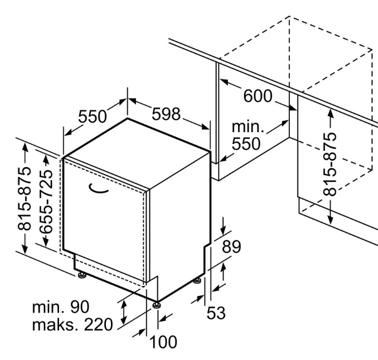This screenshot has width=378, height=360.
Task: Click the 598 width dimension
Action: click(x=166, y=114)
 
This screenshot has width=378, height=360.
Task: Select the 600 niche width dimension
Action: click(x=258, y=96)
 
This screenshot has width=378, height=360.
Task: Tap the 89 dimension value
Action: click(x=231, y=246)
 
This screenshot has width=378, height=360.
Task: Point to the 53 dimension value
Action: click(x=216, y=313)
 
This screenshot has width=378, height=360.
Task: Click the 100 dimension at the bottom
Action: click(x=163, y=342)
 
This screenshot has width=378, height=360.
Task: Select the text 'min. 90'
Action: click(x=61, y=307)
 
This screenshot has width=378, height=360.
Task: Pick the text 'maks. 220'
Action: click(x=72, y=324)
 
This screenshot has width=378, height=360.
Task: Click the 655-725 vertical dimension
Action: click(x=46, y=202)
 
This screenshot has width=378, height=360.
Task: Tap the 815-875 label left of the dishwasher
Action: click(x=25, y=198)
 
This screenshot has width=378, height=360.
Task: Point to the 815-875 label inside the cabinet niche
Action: click(x=329, y=164)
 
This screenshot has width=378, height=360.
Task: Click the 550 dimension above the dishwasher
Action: click(x=93, y=116)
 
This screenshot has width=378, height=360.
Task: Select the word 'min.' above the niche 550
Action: click(x=248, y=127)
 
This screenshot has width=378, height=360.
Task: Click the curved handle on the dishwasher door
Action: click(x=98, y=189)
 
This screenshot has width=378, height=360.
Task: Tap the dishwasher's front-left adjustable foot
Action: click(x=81, y=275)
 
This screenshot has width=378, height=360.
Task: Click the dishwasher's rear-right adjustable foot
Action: click(x=197, y=281)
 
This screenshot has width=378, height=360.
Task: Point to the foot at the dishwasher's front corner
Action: click(x=156, y=305)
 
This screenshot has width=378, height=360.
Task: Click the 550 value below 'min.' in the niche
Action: click(x=246, y=144)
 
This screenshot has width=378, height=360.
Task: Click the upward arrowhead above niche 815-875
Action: click(x=331, y=114)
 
